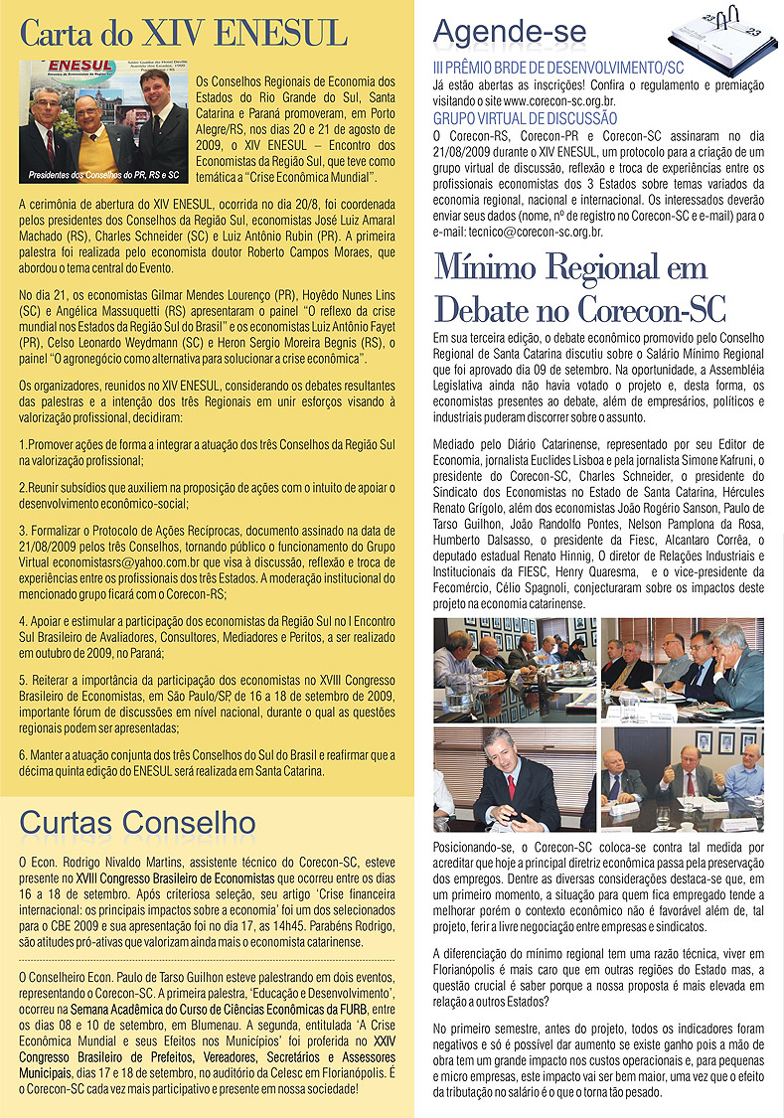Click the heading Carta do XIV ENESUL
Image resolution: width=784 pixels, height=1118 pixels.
click(185, 33)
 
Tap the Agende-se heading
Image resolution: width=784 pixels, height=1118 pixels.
click(510, 32)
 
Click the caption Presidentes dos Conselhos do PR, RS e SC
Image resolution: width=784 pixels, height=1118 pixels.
click(105, 175)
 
